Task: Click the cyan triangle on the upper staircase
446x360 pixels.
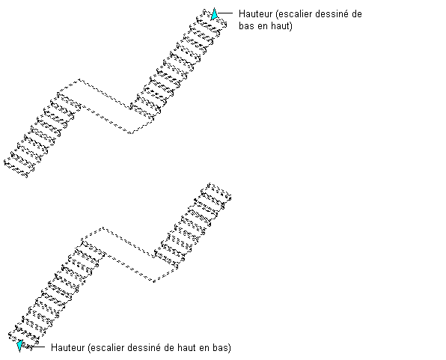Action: [214, 14]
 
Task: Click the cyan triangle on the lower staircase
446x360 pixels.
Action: [19, 346]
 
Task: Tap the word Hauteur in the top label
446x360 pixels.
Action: [255, 13]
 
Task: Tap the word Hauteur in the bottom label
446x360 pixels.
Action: [67, 347]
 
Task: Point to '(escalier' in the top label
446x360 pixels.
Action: [296, 14]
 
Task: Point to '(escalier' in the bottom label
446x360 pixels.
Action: [108, 348]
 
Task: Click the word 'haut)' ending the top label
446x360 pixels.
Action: [281, 26]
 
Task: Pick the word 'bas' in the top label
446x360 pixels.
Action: [246, 26]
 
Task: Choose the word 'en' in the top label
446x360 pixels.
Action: [262, 27]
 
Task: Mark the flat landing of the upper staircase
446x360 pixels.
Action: [106, 106]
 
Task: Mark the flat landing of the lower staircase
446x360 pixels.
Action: [129, 255]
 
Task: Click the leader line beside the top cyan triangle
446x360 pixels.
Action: [225, 13]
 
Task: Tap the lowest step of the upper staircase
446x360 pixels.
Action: [19, 168]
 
